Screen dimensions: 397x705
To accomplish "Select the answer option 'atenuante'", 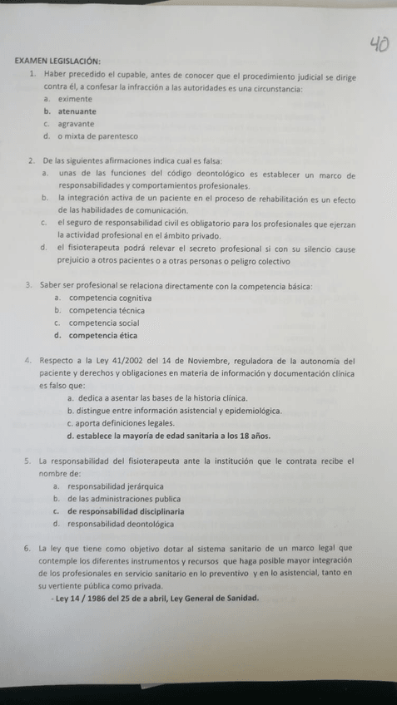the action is [x=77, y=111].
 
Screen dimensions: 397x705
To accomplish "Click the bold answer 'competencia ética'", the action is [x=103, y=336].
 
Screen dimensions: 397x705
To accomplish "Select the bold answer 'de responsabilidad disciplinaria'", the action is [x=126, y=510].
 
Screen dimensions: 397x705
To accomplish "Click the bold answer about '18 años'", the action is [x=174, y=435].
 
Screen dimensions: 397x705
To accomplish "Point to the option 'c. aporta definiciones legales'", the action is [x=120, y=422].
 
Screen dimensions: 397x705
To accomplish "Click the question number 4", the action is [x=28, y=361].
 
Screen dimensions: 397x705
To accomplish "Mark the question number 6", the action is [x=28, y=549].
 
